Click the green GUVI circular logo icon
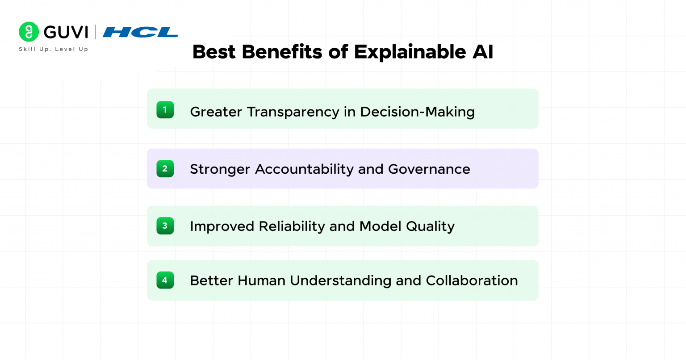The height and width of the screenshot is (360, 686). [29, 32]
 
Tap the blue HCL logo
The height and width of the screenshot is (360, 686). [140, 32]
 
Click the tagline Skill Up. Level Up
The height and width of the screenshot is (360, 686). [54, 49]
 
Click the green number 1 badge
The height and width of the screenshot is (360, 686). [165, 110]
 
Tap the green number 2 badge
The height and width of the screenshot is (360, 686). [165, 169]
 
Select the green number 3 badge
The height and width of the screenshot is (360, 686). [165, 226]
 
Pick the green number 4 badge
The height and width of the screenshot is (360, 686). [165, 280]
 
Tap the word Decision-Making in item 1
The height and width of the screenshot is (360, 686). [417, 112]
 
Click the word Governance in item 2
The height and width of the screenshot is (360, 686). [429, 169]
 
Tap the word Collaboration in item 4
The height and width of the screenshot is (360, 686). [472, 280]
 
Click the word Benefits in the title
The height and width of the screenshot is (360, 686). [282, 52]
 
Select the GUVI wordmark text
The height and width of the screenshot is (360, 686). [66, 32]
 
